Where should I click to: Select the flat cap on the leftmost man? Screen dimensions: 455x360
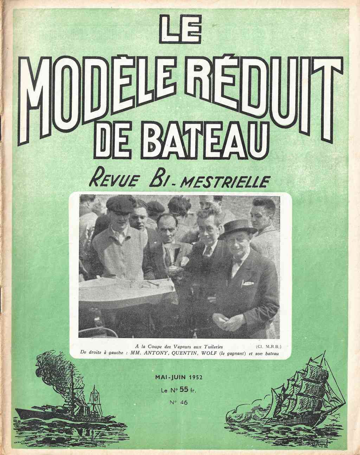pyautogui.click(x=120, y=203)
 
